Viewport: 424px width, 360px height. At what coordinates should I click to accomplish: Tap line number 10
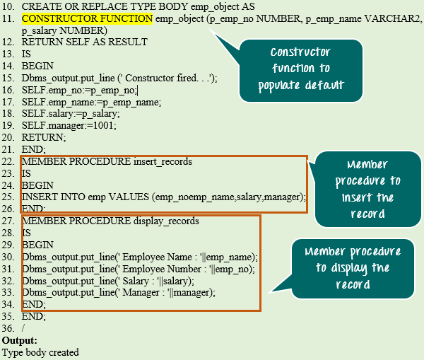tap(8, 6)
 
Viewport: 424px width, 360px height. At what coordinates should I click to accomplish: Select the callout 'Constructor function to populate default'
tap(300, 69)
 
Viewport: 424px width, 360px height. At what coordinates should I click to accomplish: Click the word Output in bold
tap(19, 340)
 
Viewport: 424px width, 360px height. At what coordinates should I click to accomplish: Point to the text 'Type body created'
tap(40, 352)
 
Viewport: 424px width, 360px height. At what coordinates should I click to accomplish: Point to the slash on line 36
tap(23, 328)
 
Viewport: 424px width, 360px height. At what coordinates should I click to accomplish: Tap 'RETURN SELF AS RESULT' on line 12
tap(85, 42)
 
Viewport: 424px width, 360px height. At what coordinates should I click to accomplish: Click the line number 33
tap(8, 293)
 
